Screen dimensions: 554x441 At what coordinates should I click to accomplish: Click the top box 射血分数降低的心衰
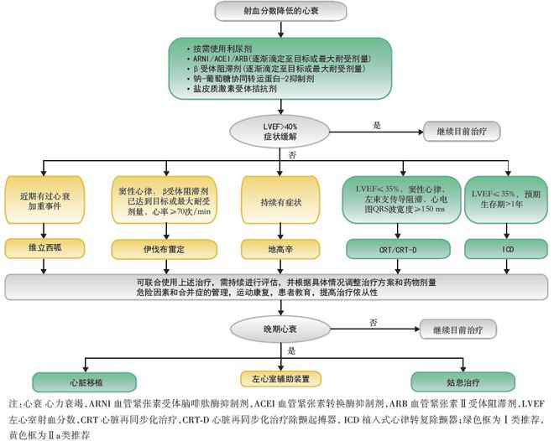(280, 11)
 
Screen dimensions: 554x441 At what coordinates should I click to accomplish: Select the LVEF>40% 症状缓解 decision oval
(280, 132)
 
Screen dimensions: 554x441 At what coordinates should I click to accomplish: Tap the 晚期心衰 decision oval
(280, 329)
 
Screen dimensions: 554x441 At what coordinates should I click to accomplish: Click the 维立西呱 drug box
(44, 248)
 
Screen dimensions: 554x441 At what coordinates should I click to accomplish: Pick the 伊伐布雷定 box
(164, 250)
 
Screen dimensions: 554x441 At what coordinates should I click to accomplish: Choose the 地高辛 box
(280, 250)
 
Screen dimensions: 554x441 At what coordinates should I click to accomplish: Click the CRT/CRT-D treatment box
(398, 250)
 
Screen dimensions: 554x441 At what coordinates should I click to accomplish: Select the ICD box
(506, 250)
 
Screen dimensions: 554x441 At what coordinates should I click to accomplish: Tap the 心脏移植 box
(85, 382)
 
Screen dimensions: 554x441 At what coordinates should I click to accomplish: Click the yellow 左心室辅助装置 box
(280, 379)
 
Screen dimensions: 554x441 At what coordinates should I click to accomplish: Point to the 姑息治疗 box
(463, 382)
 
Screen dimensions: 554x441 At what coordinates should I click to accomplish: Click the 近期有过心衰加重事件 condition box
(44, 200)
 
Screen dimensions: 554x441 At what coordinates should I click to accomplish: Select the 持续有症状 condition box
(280, 200)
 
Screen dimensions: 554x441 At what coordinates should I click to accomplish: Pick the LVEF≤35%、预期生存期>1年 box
(506, 200)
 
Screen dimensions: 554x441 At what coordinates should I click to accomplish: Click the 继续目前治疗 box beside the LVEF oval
(462, 132)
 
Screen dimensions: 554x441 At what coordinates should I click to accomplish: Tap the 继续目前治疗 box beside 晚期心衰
(458, 329)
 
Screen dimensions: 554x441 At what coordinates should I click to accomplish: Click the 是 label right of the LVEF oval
(377, 125)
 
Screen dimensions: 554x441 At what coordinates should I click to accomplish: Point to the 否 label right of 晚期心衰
(374, 323)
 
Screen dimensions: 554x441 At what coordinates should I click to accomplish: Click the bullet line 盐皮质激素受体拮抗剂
(232, 89)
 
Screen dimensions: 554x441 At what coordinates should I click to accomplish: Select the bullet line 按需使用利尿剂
(219, 49)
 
